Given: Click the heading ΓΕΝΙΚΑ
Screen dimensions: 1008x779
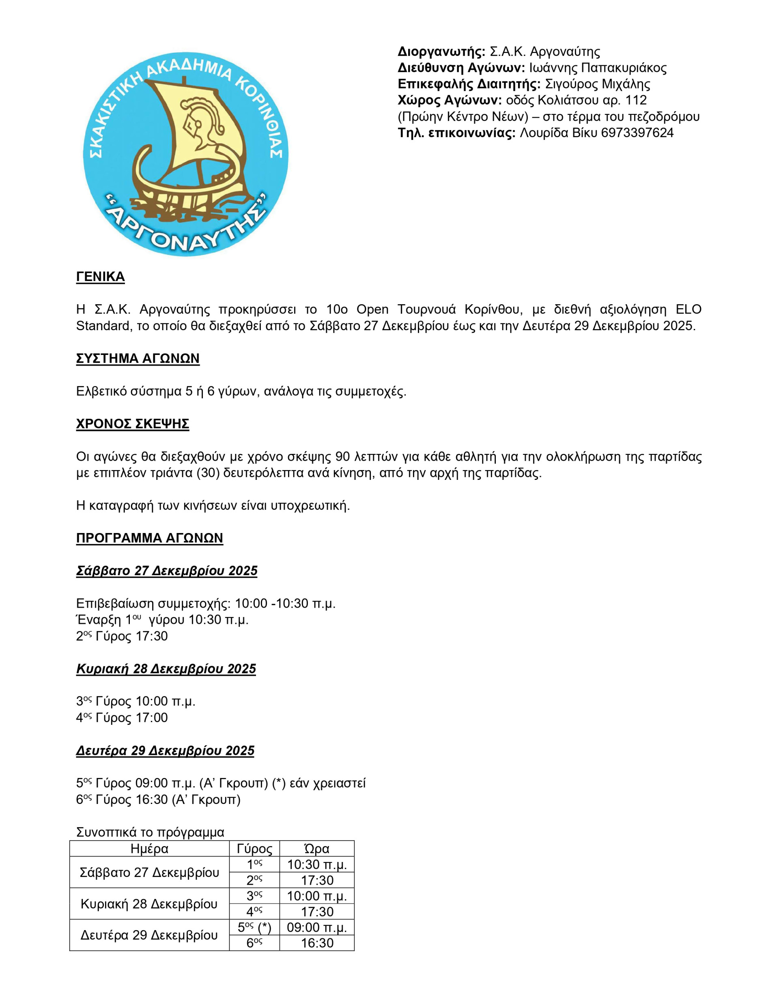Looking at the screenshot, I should [100, 277].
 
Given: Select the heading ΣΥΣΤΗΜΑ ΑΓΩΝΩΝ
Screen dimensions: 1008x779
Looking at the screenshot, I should [138, 359].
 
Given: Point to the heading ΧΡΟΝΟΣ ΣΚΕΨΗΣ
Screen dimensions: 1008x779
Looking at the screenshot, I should [133, 424].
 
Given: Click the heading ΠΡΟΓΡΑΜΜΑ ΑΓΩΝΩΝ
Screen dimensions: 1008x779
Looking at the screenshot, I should [150, 538].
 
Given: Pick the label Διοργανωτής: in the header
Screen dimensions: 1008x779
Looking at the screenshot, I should [441, 52].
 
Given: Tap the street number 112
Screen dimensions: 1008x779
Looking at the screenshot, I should [636, 100].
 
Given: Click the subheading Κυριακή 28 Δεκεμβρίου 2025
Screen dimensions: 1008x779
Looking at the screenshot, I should [166, 669].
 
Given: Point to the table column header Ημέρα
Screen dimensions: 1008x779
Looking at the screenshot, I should [149, 849].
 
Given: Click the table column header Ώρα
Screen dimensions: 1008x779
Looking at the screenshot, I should [317, 849].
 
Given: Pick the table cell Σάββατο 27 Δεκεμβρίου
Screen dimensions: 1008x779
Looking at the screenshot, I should [149, 872].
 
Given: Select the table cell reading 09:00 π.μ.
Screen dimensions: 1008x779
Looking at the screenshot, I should [317, 927].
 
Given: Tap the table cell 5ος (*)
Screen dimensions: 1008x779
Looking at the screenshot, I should [254, 927].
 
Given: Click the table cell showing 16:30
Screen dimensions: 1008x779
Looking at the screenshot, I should [317, 943].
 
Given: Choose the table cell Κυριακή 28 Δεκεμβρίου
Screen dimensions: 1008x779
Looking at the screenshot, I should [149, 904].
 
